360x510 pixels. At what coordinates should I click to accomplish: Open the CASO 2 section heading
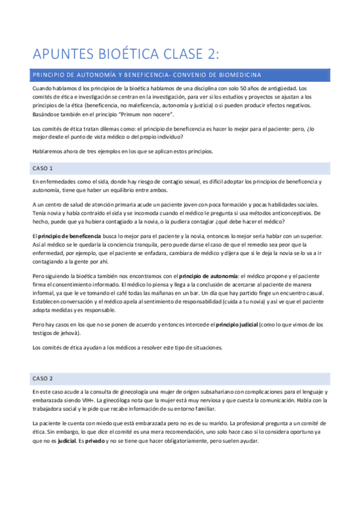43,378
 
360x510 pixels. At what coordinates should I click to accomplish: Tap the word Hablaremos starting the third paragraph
49,150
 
